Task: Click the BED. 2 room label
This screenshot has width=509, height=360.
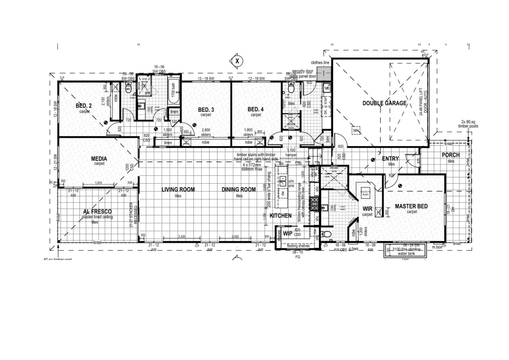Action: pyautogui.click(x=84, y=106)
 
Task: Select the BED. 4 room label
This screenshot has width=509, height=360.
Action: pyautogui.click(x=256, y=109)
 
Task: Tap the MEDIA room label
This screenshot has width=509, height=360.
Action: pyautogui.click(x=99, y=159)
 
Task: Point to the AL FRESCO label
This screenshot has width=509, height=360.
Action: pyautogui.click(x=97, y=212)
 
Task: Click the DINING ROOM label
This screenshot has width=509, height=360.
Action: pyautogui.click(x=239, y=190)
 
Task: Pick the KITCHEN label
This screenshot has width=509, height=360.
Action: pyautogui.click(x=280, y=216)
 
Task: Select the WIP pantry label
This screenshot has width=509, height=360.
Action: pyautogui.click(x=287, y=234)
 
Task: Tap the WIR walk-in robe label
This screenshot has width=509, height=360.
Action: pyautogui.click(x=367, y=209)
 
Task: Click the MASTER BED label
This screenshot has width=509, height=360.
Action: pyautogui.click(x=411, y=206)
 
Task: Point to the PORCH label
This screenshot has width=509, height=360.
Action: pyautogui.click(x=450, y=155)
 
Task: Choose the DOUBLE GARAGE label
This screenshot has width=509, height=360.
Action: pyautogui.click(x=384, y=103)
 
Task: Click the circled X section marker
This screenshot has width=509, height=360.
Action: pyautogui.click(x=237, y=61)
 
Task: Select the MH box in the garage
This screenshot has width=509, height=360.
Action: pyautogui.click(x=356, y=130)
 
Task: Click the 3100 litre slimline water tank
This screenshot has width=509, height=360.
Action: pyautogui.click(x=406, y=251)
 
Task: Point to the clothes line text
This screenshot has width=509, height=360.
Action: pyautogui.click(x=320, y=63)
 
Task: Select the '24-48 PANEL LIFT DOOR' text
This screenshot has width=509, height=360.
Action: pyautogui.click(x=423, y=102)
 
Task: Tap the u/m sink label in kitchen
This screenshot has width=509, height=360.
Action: pyautogui.click(x=291, y=183)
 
